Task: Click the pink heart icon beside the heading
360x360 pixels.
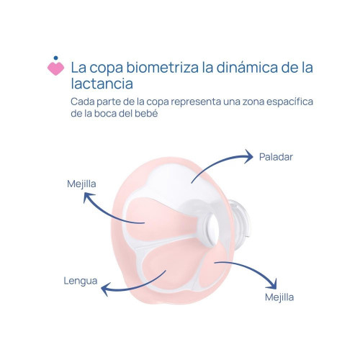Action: click(55, 68)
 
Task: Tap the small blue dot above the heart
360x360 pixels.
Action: click(56, 58)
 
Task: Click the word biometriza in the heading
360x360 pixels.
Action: click(162, 67)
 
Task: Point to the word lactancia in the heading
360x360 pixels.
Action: click(102, 84)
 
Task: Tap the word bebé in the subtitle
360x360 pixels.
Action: click(146, 113)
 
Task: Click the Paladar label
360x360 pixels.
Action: click(276, 157)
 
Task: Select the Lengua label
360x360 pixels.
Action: click(81, 281)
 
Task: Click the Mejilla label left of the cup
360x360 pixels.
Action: click(81, 184)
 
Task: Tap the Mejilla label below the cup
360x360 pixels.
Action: click(279, 297)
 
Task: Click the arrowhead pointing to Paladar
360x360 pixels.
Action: click(249, 156)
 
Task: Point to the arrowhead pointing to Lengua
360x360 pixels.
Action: click(105, 289)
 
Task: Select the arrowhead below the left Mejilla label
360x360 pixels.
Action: click(87, 197)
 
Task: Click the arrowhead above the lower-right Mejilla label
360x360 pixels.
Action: click(273, 284)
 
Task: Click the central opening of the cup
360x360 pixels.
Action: click(212, 230)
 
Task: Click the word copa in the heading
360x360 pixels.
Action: click(107, 68)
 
